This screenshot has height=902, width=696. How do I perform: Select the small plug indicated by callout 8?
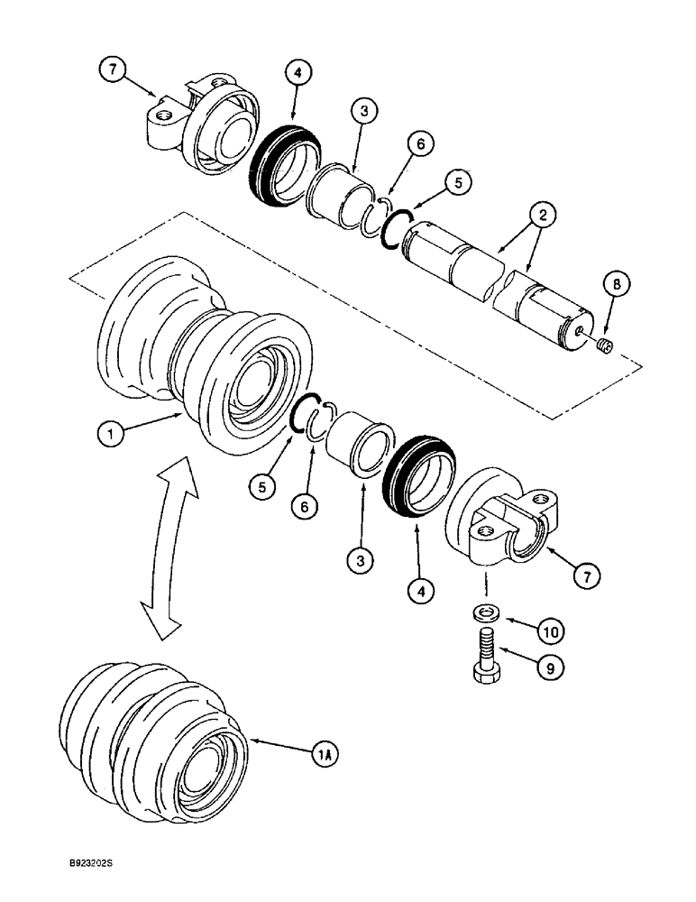coord(605,345)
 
